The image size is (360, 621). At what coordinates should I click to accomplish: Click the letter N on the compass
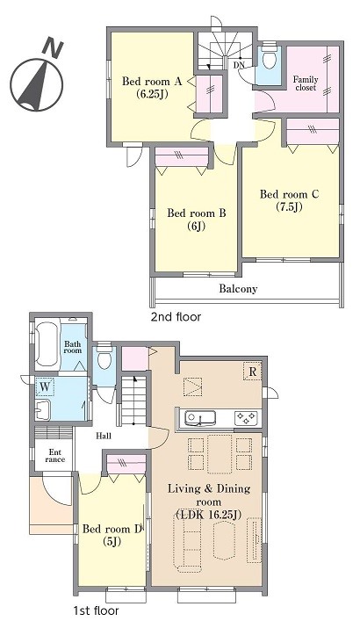[x=53, y=47]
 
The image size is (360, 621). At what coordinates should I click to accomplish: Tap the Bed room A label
[x=152, y=82]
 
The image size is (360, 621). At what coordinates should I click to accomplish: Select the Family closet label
[x=306, y=83]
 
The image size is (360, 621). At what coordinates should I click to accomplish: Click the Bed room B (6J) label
[x=197, y=220]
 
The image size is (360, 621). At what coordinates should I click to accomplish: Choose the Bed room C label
[x=290, y=194]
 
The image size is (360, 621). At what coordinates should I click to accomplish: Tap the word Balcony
[x=238, y=289]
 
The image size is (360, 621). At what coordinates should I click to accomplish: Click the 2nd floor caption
[x=176, y=317]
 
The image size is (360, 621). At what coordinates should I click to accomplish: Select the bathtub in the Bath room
[x=47, y=343]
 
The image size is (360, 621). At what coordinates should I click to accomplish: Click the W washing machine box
[x=46, y=387]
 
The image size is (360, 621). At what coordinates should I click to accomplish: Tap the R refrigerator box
[x=252, y=371]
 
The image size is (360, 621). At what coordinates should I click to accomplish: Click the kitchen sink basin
[x=201, y=418]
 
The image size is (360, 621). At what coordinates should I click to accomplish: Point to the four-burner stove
[x=246, y=418]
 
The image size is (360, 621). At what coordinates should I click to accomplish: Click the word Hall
[x=104, y=437]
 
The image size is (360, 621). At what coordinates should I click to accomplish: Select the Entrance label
[x=54, y=456]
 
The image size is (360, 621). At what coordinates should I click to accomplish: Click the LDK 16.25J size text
[x=209, y=515]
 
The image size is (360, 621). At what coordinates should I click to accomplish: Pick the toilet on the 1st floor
[x=104, y=357]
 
